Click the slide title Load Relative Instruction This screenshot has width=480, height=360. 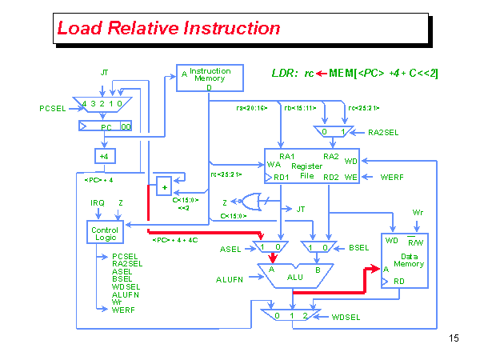pos(169,29)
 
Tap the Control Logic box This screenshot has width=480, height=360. pos(106,234)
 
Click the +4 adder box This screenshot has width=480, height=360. pos(104,155)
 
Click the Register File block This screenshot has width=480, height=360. pos(312,166)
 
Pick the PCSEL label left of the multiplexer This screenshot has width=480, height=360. pos(54,108)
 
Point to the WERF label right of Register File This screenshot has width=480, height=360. pos(393,176)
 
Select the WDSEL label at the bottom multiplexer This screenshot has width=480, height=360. pos(346,318)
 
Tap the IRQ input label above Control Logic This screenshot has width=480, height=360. pos(98,203)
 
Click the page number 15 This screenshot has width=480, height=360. pos(454,338)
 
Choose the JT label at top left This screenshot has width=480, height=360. pos(104,73)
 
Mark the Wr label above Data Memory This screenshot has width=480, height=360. pos(417,212)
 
